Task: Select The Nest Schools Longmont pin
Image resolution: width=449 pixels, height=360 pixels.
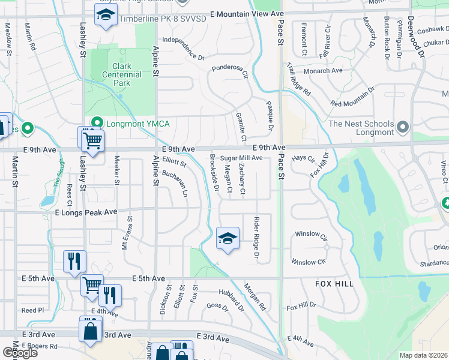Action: point(403,127)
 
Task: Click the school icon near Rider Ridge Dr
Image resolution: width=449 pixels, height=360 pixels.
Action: point(228,239)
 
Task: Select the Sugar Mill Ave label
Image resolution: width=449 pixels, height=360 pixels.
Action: point(241,158)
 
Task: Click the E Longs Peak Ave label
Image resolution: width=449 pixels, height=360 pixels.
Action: point(86,212)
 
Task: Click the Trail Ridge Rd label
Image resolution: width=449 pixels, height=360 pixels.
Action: point(298,80)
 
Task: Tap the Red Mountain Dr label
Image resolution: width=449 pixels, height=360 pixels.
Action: point(352,96)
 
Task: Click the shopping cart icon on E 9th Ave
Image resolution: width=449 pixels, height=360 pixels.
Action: point(92,140)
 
